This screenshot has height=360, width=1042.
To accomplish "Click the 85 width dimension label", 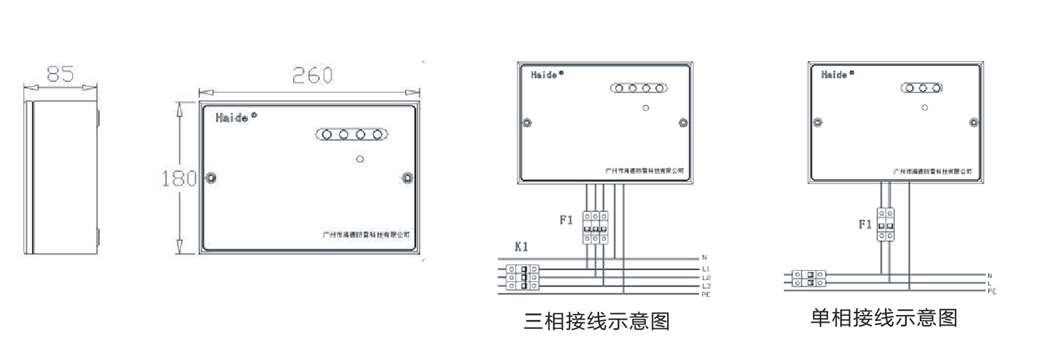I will point(60,75).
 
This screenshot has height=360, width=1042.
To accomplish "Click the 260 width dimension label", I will point(312,76).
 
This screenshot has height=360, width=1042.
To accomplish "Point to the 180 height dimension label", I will point(178,178).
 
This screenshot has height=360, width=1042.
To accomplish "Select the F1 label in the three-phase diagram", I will point(566,220).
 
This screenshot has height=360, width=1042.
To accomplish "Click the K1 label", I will point(521,247).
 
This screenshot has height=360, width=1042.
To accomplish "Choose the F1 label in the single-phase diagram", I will point(865,225).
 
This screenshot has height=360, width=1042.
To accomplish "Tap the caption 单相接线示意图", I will point(884,318).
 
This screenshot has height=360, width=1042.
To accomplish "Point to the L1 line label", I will point(706,269).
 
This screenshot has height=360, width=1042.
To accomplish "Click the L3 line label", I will point(706,286).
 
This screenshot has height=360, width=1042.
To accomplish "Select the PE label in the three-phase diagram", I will point(706,294).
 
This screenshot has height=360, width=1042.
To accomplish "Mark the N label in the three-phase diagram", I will point(705,258).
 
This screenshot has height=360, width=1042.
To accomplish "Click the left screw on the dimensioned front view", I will point(210,178).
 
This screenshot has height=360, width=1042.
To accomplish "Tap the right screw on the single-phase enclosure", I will point(974,122).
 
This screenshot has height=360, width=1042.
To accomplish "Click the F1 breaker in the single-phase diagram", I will point(885,224).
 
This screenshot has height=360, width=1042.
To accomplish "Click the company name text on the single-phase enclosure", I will point(933,171).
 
